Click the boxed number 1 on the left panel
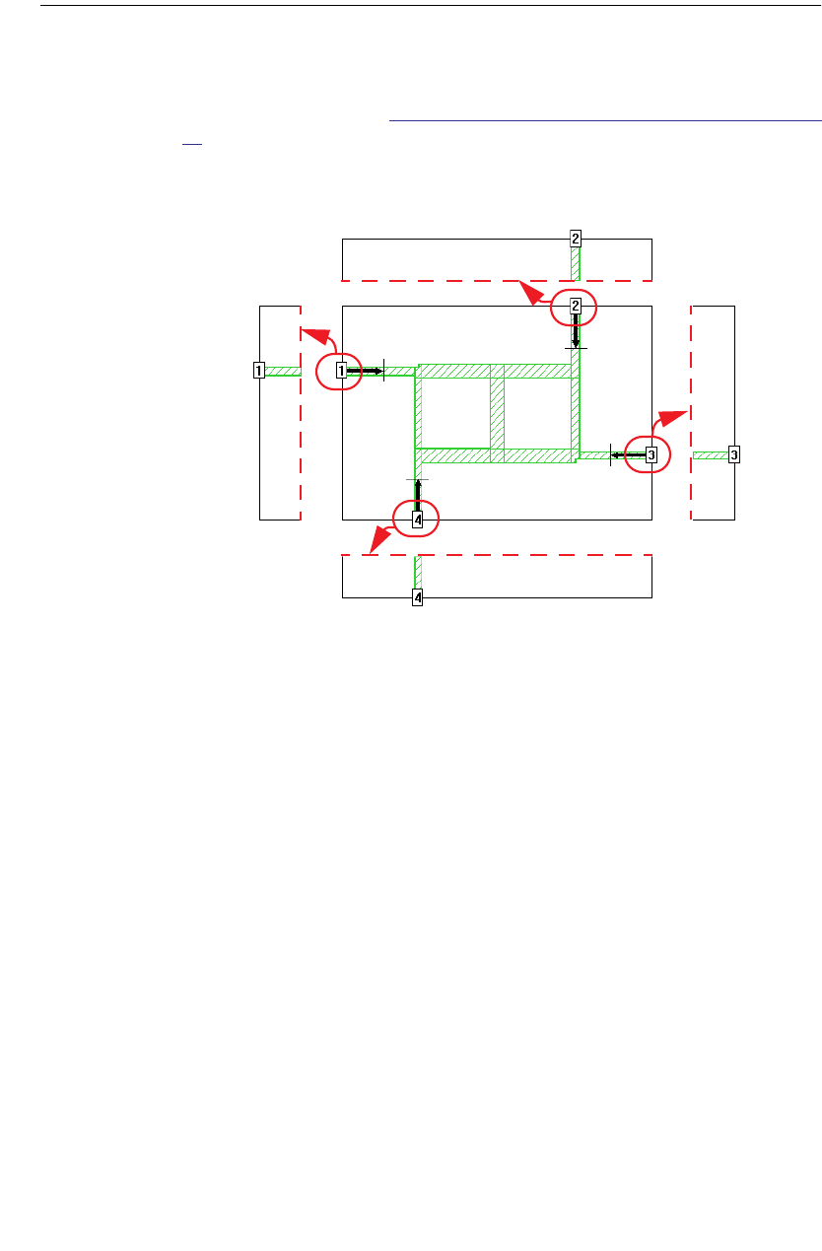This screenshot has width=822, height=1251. click(x=258, y=372)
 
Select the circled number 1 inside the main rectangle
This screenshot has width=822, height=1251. click(x=342, y=372)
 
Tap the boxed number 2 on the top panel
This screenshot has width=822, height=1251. click(x=576, y=238)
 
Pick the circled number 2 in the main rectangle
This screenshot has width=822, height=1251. click(x=576, y=307)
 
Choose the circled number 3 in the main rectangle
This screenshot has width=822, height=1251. click(x=651, y=454)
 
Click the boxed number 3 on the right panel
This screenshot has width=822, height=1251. click(x=733, y=454)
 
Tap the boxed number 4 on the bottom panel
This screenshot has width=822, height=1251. click(x=418, y=597)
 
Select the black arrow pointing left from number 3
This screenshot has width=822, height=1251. click(x=627, y=454)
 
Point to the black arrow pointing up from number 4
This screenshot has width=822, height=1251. click(x=418, y=494)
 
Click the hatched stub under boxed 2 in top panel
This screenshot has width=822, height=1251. click(x=576, y=264)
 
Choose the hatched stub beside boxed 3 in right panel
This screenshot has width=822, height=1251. click(x=710, y=454)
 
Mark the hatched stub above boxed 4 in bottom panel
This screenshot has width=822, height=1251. click(x=418, y=572)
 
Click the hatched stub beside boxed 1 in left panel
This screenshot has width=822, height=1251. click(x=283, y=372)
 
